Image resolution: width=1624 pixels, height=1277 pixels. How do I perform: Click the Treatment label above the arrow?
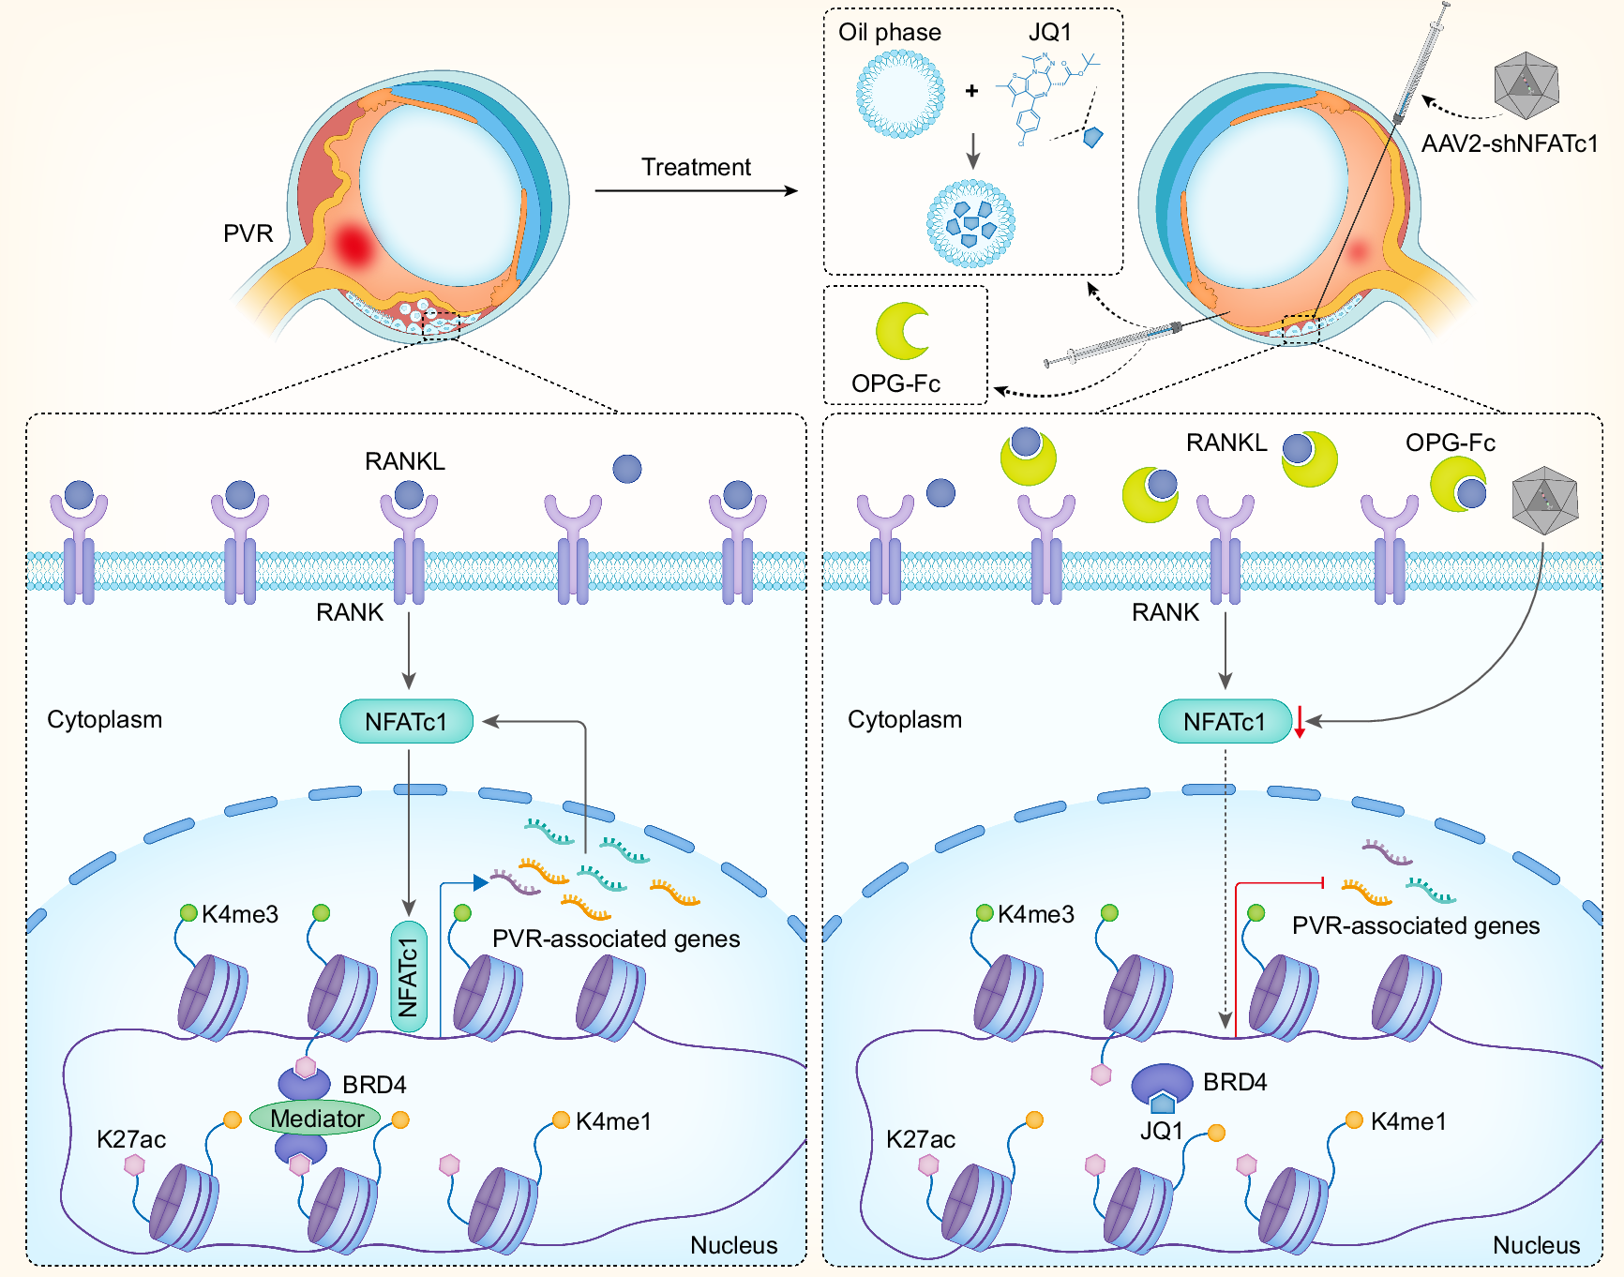tap(696, 168)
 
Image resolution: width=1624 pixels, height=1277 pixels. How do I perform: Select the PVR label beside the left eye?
tap(248, 233)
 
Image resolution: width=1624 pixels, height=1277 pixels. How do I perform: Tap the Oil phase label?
tap(889, 33)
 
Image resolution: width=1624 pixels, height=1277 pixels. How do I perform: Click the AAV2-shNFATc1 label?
tap(1509, 143)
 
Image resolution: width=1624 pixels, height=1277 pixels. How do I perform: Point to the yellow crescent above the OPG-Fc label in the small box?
tap(901, 331)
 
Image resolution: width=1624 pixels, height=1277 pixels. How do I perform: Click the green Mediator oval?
tap(315, 1119)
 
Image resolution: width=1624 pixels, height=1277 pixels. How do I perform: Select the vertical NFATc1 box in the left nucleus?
tap(408, 976)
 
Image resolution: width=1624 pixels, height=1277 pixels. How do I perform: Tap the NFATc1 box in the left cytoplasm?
tap(406, 722)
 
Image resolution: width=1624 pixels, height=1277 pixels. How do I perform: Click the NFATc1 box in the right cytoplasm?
tap(1224, 722)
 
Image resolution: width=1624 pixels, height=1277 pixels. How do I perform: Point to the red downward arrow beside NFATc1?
tap(1300, 722)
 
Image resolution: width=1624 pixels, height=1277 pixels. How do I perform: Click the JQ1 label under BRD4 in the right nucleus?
tap(1161, 1132)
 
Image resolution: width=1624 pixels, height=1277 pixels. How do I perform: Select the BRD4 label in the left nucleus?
tap(374, 1085)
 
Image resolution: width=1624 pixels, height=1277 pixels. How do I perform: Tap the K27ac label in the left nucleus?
tap(131, 1140)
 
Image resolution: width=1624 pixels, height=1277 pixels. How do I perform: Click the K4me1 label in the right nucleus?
tap(1407, 1121)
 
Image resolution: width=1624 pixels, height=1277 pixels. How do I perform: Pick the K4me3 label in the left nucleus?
tap(240, 915)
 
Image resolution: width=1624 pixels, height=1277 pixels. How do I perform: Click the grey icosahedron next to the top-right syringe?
tap(1526, 85)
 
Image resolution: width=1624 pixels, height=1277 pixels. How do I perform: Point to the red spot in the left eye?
tap(353, 246)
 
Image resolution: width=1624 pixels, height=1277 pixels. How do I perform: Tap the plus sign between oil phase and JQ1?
tap(971, 91)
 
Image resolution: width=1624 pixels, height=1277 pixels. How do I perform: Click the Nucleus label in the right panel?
tap(1536, 1245)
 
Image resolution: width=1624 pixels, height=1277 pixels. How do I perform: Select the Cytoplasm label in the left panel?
tap(105, 720)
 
